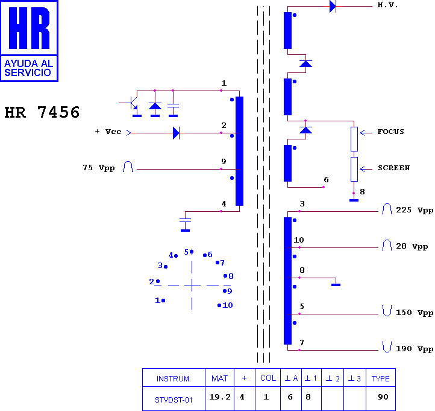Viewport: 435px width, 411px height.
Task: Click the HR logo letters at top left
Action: pos(29,28)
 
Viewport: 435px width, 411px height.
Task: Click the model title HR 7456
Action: pos(42,112)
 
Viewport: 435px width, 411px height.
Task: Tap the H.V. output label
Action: pos(387,5)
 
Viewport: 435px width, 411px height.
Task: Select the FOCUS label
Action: pos(390,132)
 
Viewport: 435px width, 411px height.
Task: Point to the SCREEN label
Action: pos(393,168)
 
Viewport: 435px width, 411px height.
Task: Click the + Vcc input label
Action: pos(108,132)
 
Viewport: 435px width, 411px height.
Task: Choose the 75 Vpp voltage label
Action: pos(98,168)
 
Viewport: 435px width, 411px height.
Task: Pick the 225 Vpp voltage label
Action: pos(415,210)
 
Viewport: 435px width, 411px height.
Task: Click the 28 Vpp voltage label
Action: pos(412,246)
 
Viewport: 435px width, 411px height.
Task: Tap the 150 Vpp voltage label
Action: pos(415,313)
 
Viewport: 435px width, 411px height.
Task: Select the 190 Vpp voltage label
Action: pos(415,349)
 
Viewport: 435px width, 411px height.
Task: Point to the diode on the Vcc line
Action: pos(176,133)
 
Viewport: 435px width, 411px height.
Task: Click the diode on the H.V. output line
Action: pos(333,6)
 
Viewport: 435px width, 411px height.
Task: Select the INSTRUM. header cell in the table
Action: pos(174,378)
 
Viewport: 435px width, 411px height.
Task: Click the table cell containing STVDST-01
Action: pos(174,400)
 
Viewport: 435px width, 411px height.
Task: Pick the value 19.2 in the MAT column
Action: pos(220,397)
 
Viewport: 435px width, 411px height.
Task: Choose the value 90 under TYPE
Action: pos(383,397)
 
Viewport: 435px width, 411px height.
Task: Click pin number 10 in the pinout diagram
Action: pos(228,305)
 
